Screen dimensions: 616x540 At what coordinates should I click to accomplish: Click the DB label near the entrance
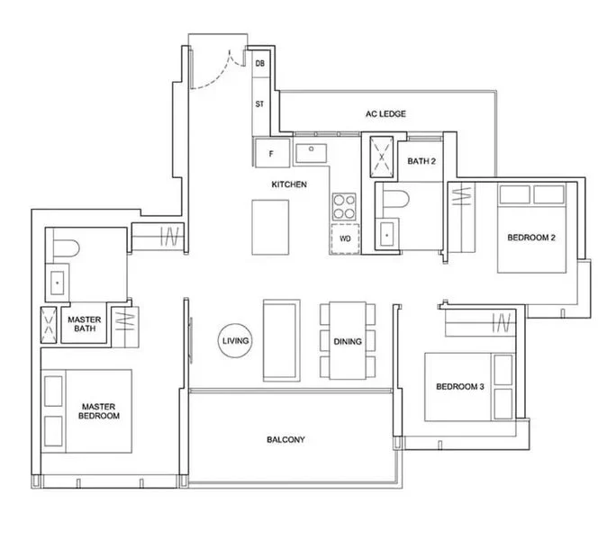(x=259, y=63)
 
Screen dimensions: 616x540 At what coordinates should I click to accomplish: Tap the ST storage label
(x=259, y=104)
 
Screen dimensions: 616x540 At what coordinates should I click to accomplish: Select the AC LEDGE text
(x=385, y=114)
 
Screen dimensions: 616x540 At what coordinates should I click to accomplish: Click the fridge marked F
(x=272, y=154)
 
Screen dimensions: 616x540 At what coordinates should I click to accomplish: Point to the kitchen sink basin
(x=311, y=153)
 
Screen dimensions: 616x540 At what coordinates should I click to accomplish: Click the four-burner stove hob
(x=344, y=207)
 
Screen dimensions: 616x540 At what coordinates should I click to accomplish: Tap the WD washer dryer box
(x=345, y=238)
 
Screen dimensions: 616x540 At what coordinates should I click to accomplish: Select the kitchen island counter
(x=270, y=228)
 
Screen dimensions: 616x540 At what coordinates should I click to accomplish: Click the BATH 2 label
(x=421, y=161)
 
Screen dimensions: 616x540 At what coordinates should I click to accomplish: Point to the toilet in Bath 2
(x=395, y=199)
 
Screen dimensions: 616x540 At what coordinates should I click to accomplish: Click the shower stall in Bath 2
(x=381, y=157)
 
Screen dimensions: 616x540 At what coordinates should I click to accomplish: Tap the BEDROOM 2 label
(x=531, y=238)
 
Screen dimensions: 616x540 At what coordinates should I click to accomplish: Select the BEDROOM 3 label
(x=460, y=387)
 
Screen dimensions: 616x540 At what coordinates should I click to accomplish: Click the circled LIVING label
(x=235, y=341)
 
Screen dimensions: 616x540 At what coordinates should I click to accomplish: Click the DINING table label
(x=348, y=342)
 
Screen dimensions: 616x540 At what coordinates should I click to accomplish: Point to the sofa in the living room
(x=282, y=340)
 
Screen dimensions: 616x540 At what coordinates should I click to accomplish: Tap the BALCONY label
(x=285, y=440)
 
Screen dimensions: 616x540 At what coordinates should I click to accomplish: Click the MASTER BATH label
(x=85, y=324)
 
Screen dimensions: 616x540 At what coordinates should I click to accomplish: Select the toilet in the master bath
(x=66, y=248)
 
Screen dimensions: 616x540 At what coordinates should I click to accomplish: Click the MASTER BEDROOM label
(x=98, y=411)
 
